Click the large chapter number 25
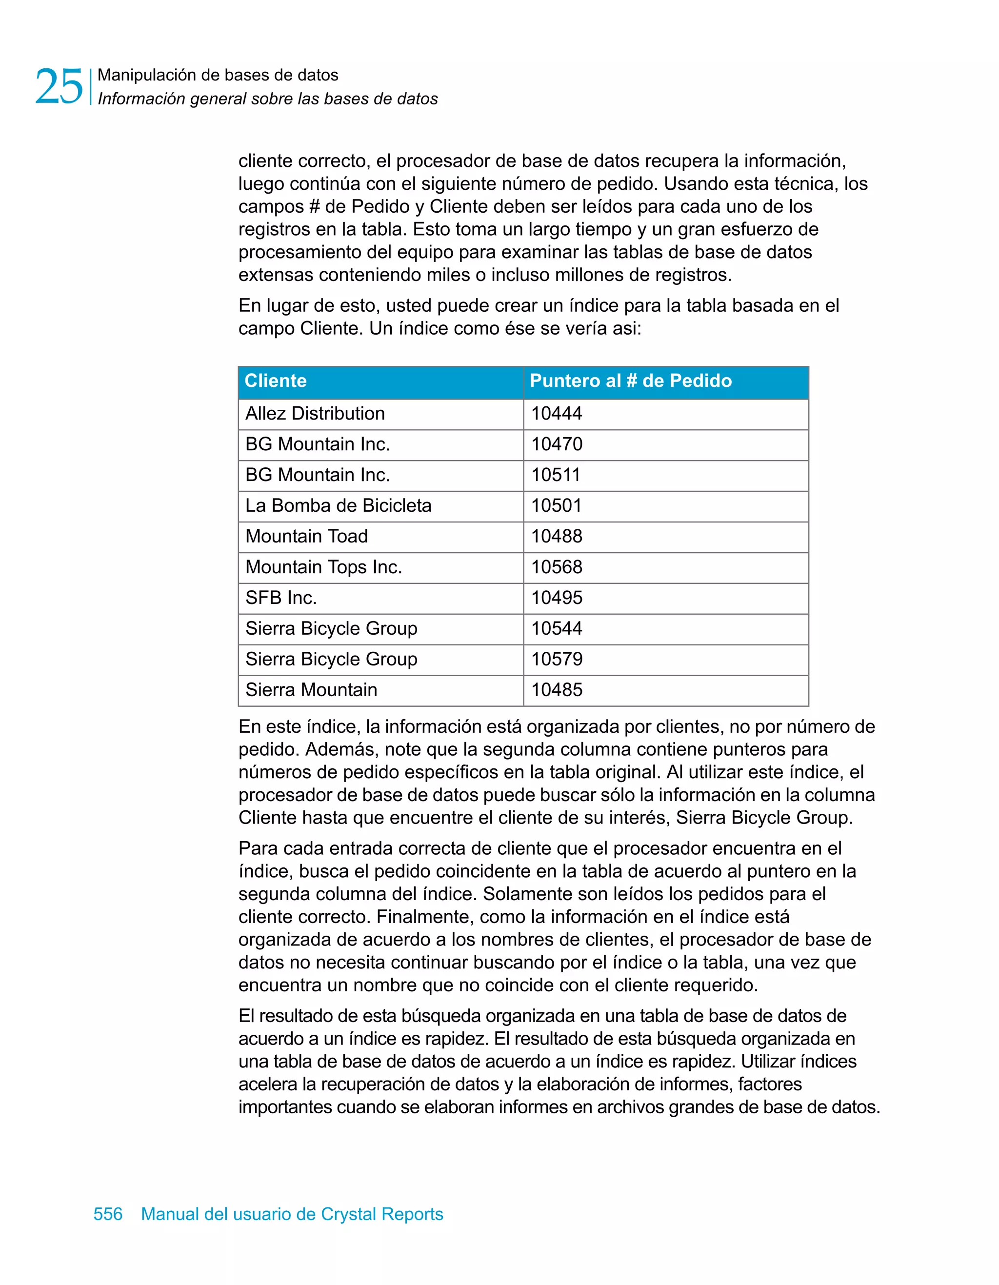click(x=59, y=86)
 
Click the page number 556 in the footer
click(x=108, y=1214)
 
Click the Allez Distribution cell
click(x=315, y=414)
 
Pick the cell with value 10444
click(x=557, y=414)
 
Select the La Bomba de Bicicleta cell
click(x=339, y=506)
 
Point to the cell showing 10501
click(x=557, y=506)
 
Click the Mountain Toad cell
click(x=306, y=537)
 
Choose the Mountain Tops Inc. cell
click(x=323, y=567)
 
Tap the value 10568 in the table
click(x=557, y=567)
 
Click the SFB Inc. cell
click(x=281, y=598)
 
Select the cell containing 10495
click(x=557, y=598)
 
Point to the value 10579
click(x=557, y=660)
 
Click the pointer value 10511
click(x=556, y=475)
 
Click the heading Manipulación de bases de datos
click(x=218, y=75)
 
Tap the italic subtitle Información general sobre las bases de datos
click(x=268, y=99)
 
